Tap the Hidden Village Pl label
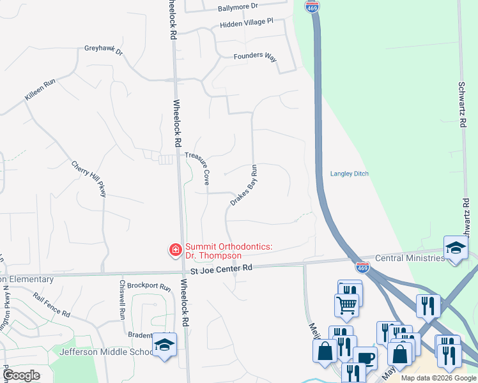(x=246, y=23)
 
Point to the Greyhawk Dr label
(x=103, y=50)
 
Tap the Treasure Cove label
(x=200, y=167)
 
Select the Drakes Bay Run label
(x=243, y=186)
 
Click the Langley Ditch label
(x=350, y=174)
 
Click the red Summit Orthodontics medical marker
(x=174, y=250)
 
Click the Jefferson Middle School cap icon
(x=164, y=345)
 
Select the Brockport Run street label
(x=149, y=287)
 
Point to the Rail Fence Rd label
(x=52, y=305)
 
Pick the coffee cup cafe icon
(x=365, y=359)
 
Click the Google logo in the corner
(x=22, y=375)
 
